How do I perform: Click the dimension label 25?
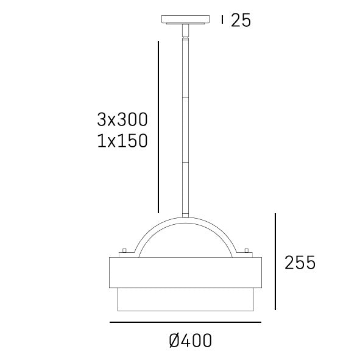pyautogui.click(x=241, y=21)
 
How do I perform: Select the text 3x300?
pyautogui.click(x=122, y=118)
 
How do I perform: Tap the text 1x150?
pyautogui.click(x=122, y=141)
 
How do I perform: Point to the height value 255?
pyautogui.click(x=300, y=263)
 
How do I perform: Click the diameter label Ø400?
pyautogui.click(x=190, y=341)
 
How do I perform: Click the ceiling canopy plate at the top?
pyautogui.click(x=185, y=20)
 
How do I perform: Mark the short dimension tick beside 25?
pyautogui.click(x=223, y=20)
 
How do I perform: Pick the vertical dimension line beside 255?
pyautogui.click(x=275, y=261)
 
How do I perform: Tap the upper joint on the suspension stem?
pyautogui.click(x=185, y=97)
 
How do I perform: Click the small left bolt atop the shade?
pyautogui.click(x=124, y=251)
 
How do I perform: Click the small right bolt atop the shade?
pyautogui.click(x=247, y=251)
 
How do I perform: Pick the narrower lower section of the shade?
pyautogui.click(x=185, y=298)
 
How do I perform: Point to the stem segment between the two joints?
pyautogui.click(x=185, y=130)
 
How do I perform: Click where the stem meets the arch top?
pyautogui.click(x=185, y=215)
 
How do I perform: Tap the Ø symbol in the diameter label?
pyautogui.click(x=174, y=341)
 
